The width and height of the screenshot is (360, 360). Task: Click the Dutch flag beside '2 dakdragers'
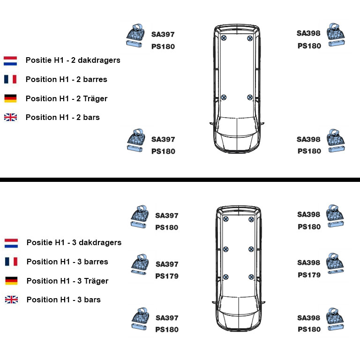(x=10, y=61)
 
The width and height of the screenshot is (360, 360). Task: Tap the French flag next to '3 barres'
(x=11, y=262)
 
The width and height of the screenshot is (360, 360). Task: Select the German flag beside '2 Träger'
(x=10, y=98)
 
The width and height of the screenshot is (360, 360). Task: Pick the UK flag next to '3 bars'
(x=11, y=300)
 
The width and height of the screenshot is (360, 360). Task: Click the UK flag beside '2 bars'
(x=10, y=117)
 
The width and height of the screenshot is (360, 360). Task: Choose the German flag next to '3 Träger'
(x=11, y=281)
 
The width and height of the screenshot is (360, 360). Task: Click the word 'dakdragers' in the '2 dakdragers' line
(x=99, y=60)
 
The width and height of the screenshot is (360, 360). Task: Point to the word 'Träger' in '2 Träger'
(x=95, y=98)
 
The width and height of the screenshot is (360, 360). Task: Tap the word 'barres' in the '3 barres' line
(x=96, y=262)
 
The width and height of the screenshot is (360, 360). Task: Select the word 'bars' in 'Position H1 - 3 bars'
(x=92, y=300)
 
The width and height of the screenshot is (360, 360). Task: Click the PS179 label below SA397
(x=167, y=276)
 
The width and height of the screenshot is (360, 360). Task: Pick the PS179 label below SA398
(x=309, y=275)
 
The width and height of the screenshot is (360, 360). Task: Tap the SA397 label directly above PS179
(x=167, y=264)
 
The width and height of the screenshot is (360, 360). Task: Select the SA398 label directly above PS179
(x=308, y=262)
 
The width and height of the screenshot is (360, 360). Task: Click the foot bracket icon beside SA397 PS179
(x=140, y=264)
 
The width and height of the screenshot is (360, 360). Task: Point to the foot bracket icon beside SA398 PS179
(x=335, y=263)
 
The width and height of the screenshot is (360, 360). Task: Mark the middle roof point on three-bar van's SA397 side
(x=225, y=249)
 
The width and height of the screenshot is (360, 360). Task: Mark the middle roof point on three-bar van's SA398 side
(x=251, y=249)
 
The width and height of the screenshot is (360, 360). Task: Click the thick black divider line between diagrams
(x=180, y=180)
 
